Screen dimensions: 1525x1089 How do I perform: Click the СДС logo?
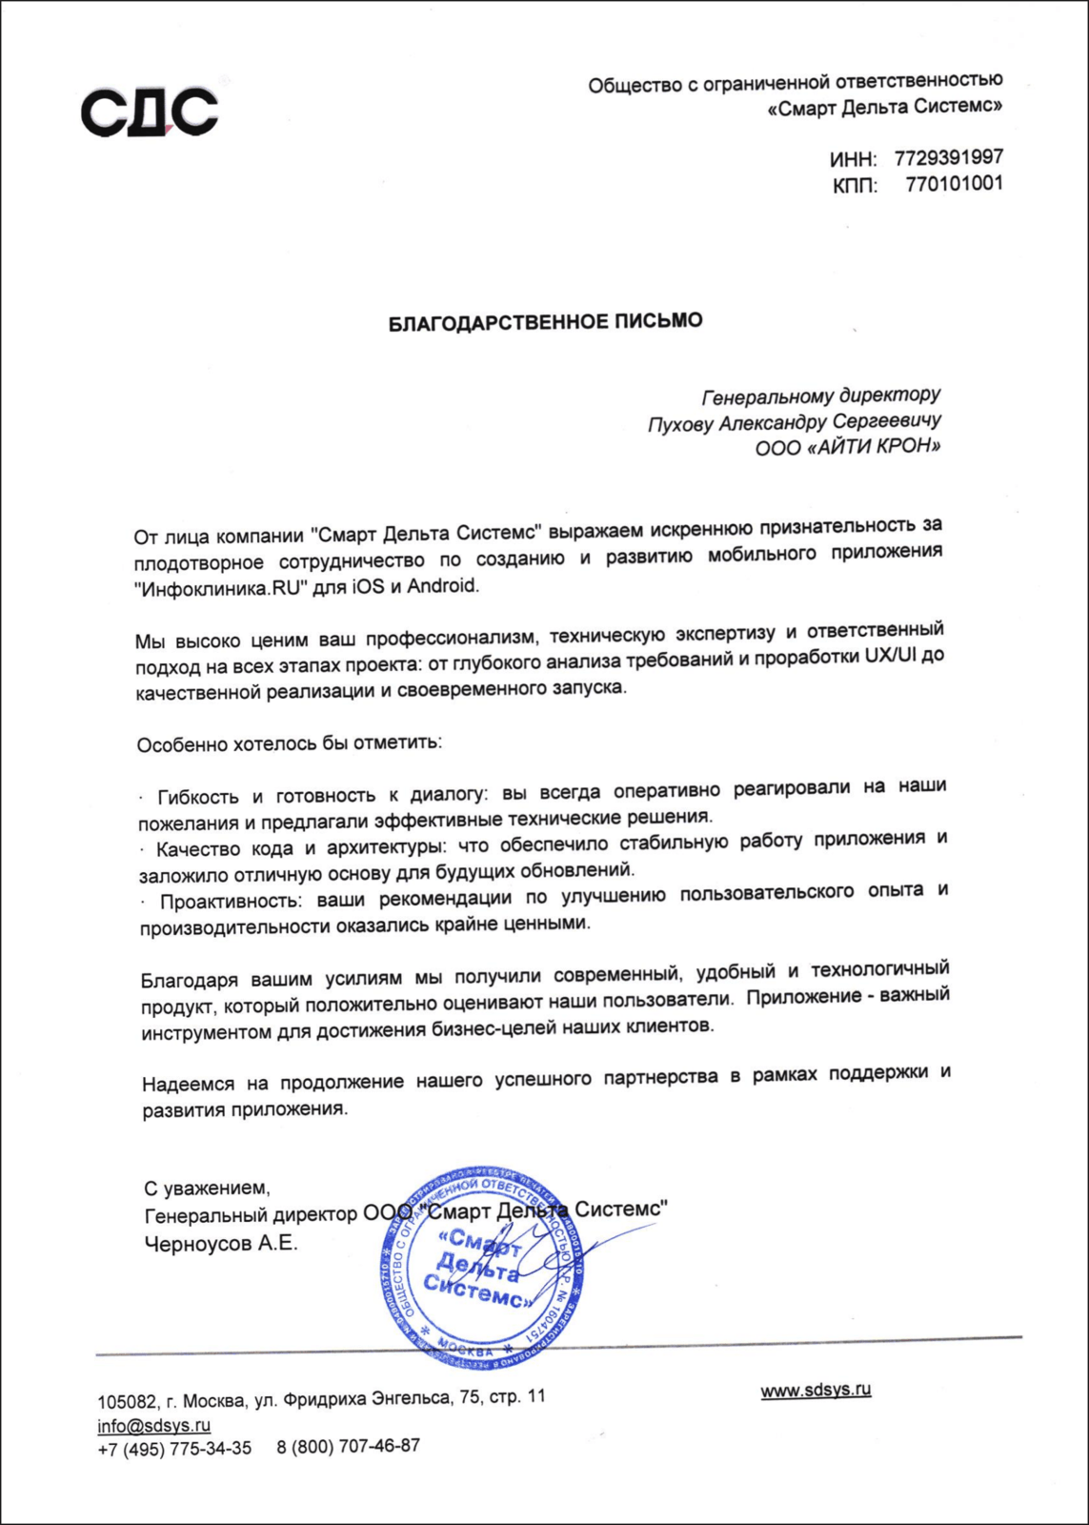click(149, 111)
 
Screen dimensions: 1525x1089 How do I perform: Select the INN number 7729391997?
click(948, 157)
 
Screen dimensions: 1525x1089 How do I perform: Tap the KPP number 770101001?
click(954, 183)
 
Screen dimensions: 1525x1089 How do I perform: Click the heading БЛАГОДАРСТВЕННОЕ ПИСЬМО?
click(545, 321)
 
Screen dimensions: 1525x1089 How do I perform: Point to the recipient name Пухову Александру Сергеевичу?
click(794, 422)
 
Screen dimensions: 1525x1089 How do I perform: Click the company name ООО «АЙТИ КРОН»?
click(847, 448)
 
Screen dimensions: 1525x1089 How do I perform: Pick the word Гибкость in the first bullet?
click(198, 797)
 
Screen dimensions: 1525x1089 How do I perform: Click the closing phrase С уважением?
click(207, 1189)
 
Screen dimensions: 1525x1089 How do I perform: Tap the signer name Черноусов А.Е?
click(221, 1244)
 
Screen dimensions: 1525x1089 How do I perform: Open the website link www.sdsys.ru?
click(816, 1391)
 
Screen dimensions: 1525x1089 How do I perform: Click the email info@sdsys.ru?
click(153, 1426)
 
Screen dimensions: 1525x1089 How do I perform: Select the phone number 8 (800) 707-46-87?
click(348, 1446)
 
